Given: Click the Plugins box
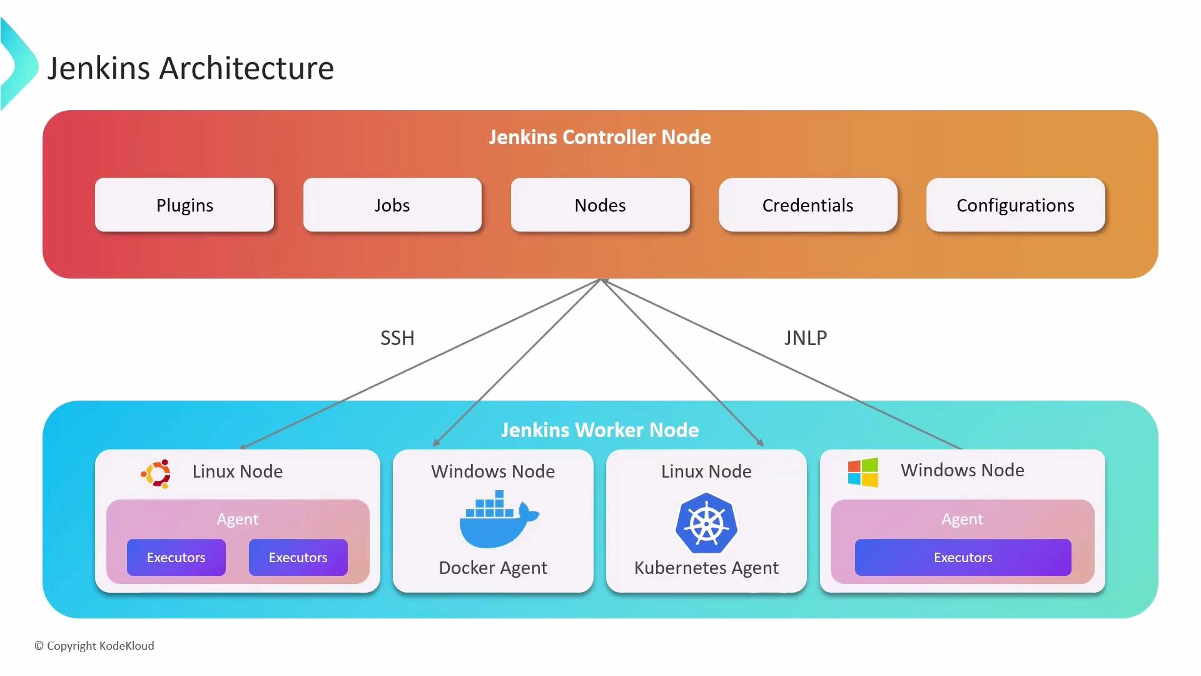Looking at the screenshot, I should [x=185, y=205].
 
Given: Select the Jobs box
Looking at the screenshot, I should [x=392, y=205].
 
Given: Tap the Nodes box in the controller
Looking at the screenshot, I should [x=600, y=205].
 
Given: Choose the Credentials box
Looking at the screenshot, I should [x=808, y=205].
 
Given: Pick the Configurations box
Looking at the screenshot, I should [x=1015, y=205].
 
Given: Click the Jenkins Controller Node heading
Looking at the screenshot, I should [x=599, y=137].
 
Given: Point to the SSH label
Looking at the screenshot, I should [x=397, y=338].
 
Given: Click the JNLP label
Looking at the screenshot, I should [x=806, y=338].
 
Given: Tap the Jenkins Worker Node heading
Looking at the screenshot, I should [x=599, y=430].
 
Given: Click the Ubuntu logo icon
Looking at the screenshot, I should [x=156, y=474].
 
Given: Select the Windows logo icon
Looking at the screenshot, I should [x=863, y=472].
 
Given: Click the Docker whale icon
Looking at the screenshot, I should [x=498, y=520].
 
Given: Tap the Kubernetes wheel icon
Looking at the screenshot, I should [x=706, y=523].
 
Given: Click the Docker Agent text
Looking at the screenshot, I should [x=493, y=568].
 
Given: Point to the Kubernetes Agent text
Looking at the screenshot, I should [x=706, y=568].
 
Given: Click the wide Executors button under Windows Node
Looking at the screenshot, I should [x=963, y=557].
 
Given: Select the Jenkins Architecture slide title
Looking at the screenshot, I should [x=191, y=68].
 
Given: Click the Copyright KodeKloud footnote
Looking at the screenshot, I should [x=94, y=646].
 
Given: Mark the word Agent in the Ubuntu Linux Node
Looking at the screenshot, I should [x=237, y=519].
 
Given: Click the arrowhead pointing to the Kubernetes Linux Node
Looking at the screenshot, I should [x=761, y=443].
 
